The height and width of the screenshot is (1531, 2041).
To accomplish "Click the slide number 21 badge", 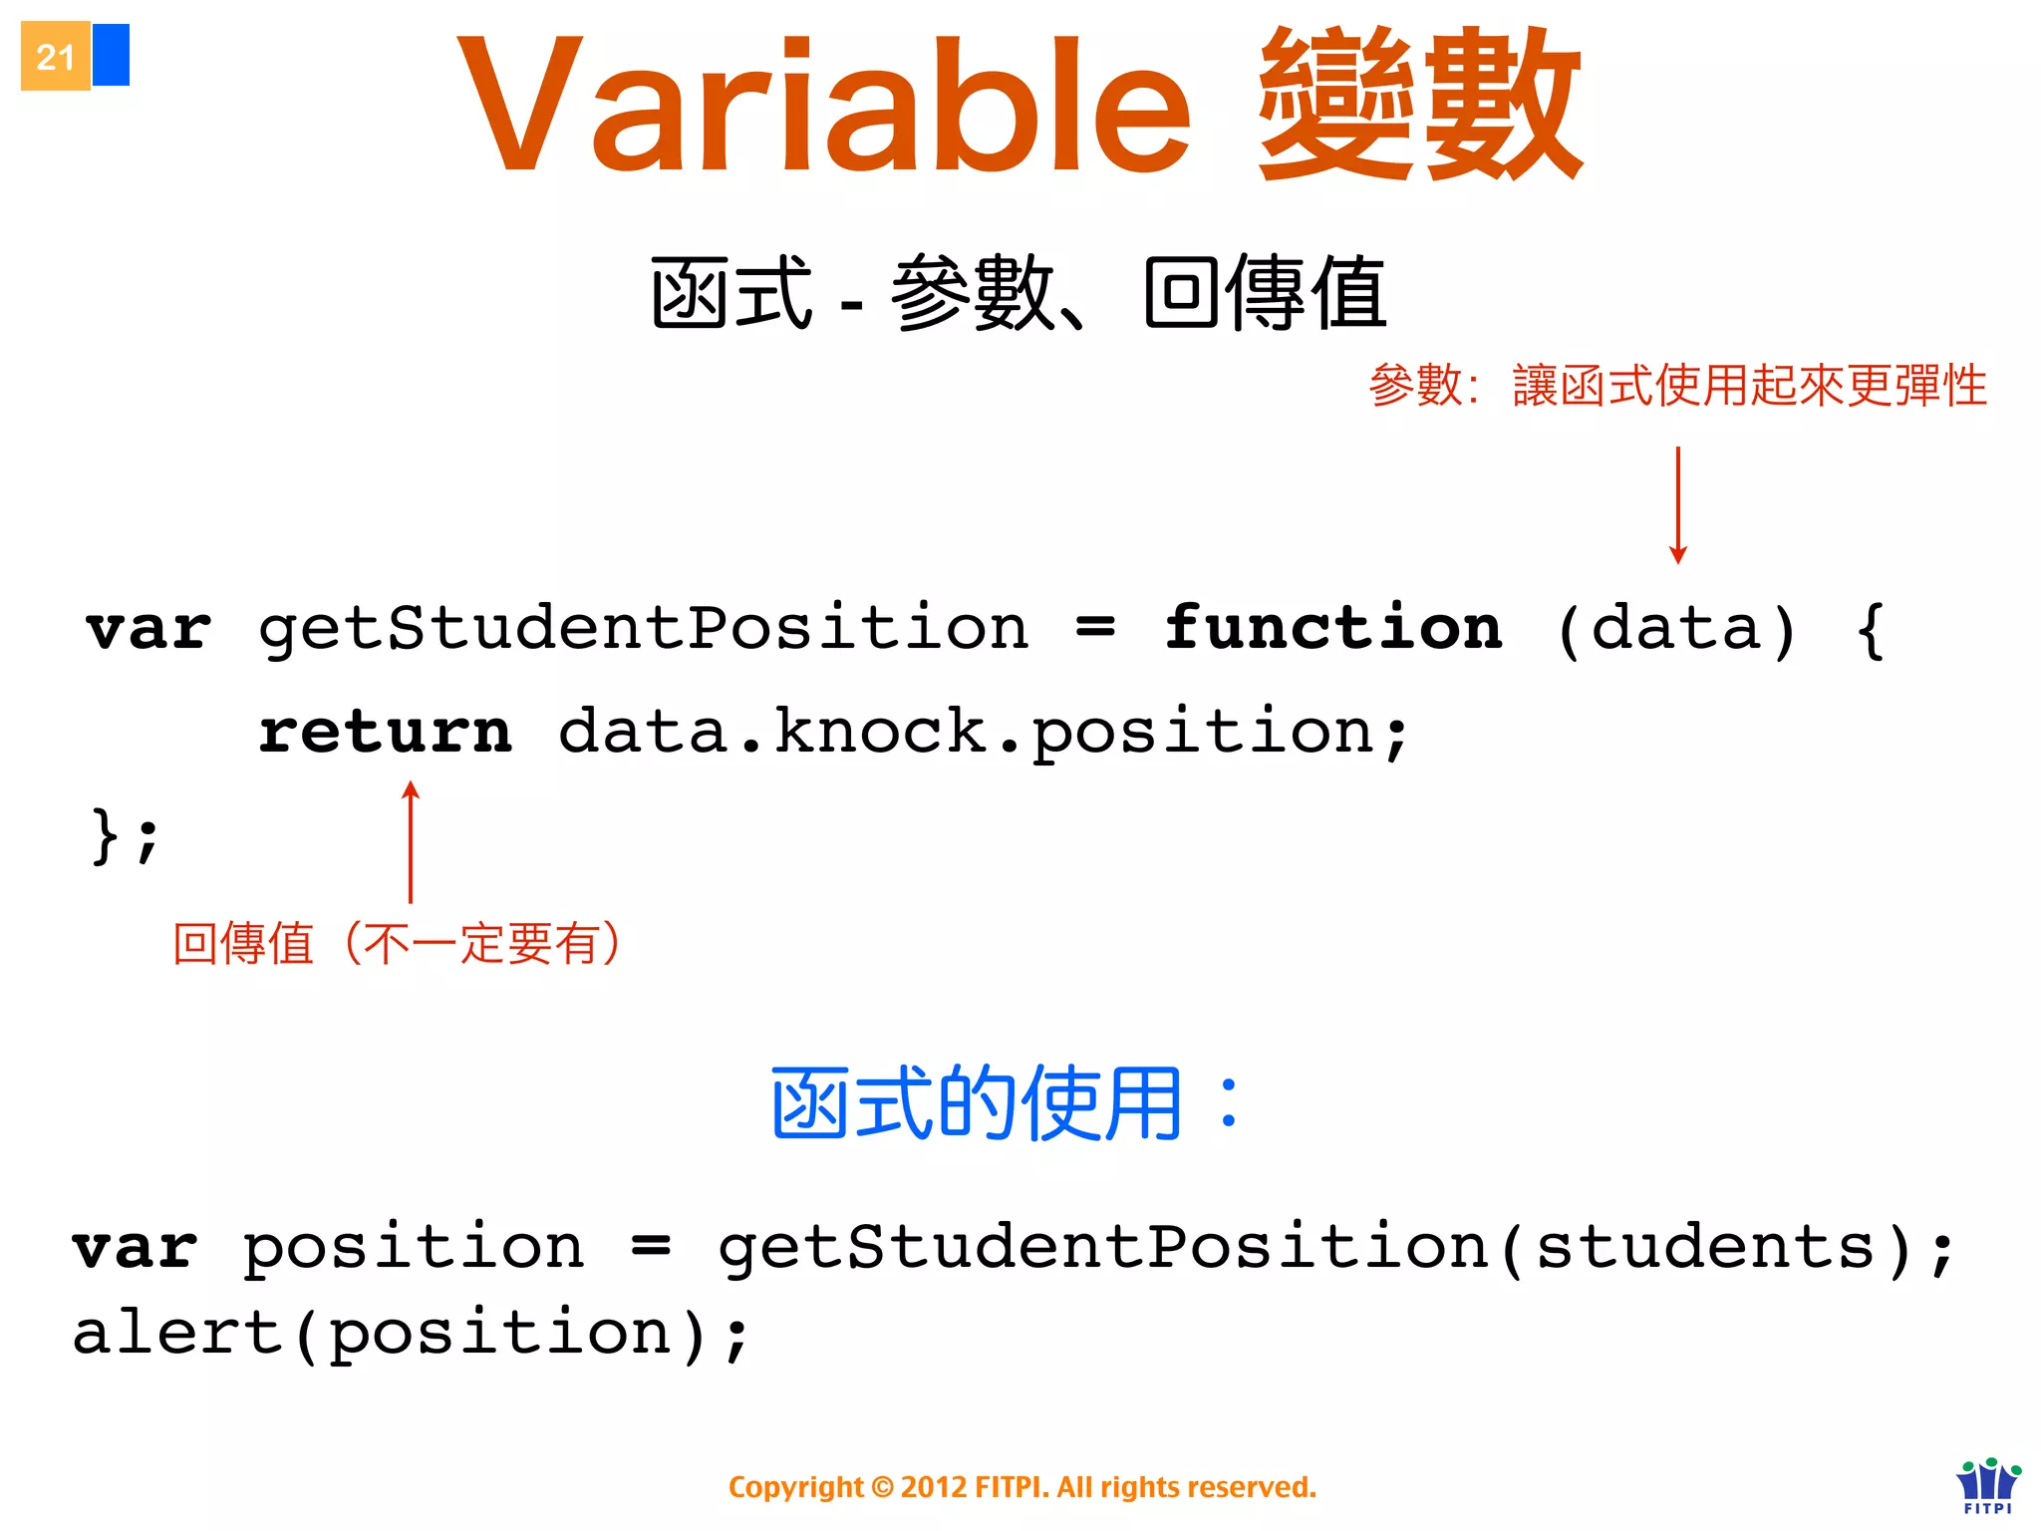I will [56, 57].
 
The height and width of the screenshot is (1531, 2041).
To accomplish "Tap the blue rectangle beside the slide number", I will [111, 55].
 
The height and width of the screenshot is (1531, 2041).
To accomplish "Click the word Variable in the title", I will [823, 106].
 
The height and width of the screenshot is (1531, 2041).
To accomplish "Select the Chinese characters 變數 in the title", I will [1419, 104].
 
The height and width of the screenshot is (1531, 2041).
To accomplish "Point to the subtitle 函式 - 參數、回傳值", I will [1019, 293].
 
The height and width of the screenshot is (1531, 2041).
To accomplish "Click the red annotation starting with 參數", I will [1677, 385].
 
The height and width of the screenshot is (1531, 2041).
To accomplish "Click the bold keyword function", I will [1333, 628].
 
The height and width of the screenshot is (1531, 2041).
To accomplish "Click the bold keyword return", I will [385, 732].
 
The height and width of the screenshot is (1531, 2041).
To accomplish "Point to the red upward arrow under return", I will [411, 842].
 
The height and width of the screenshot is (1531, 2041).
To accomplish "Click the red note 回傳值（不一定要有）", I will [397, 943].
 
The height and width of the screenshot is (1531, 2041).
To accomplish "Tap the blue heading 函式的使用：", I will [1005, 1102].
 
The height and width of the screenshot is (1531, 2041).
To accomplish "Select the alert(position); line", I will [411, 1334].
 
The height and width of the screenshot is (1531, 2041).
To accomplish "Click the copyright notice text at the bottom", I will [1022, 1487].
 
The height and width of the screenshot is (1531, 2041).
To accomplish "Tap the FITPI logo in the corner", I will [1988, 1485].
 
